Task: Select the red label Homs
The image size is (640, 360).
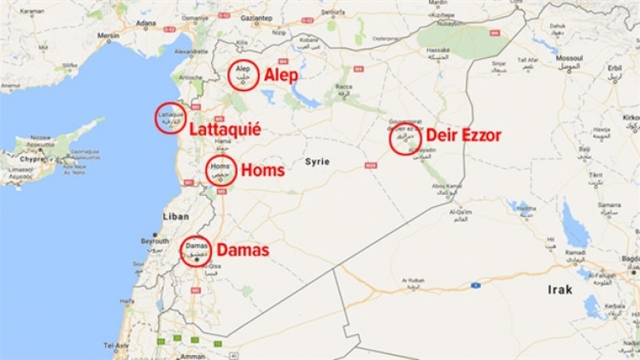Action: click(x=263, y=171)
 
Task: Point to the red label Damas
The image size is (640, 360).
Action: click(x=243, y=251)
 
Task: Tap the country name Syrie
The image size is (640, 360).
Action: click(x=318, y=162)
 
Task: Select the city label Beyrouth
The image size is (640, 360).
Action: click(x=155, y=242)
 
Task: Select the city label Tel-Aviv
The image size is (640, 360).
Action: click(x=116, y=345)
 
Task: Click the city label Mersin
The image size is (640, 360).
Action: click(x=109, y=36)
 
